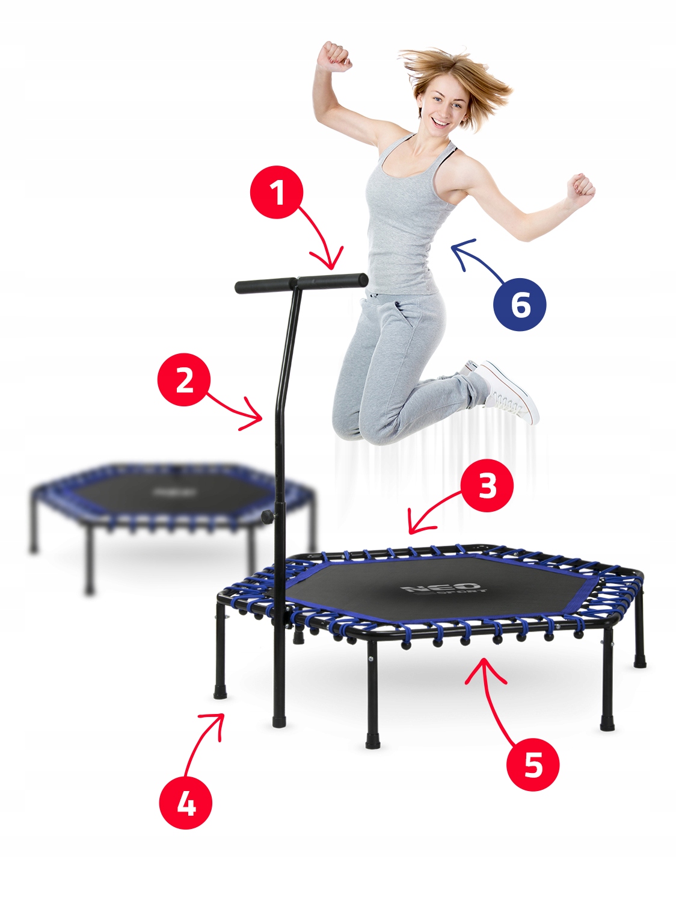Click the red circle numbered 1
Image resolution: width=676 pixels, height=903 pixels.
pyautogui.click(x=277, y=193)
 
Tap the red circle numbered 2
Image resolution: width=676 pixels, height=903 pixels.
pyautogui.click(x=184, y=379)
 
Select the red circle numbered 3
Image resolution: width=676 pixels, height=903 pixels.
pyautogui.click(x=487, y=485)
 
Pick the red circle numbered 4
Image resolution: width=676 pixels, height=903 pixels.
pyautogui.click(x=186, y=803)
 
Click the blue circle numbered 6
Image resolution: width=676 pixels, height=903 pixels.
pyautogui.click(x=520, y=304)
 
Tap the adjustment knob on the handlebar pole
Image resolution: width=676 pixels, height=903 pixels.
pyautogui.click(x=266, y=517)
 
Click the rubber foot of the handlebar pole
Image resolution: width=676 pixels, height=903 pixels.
pyautogui.click(x=278, y=720)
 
